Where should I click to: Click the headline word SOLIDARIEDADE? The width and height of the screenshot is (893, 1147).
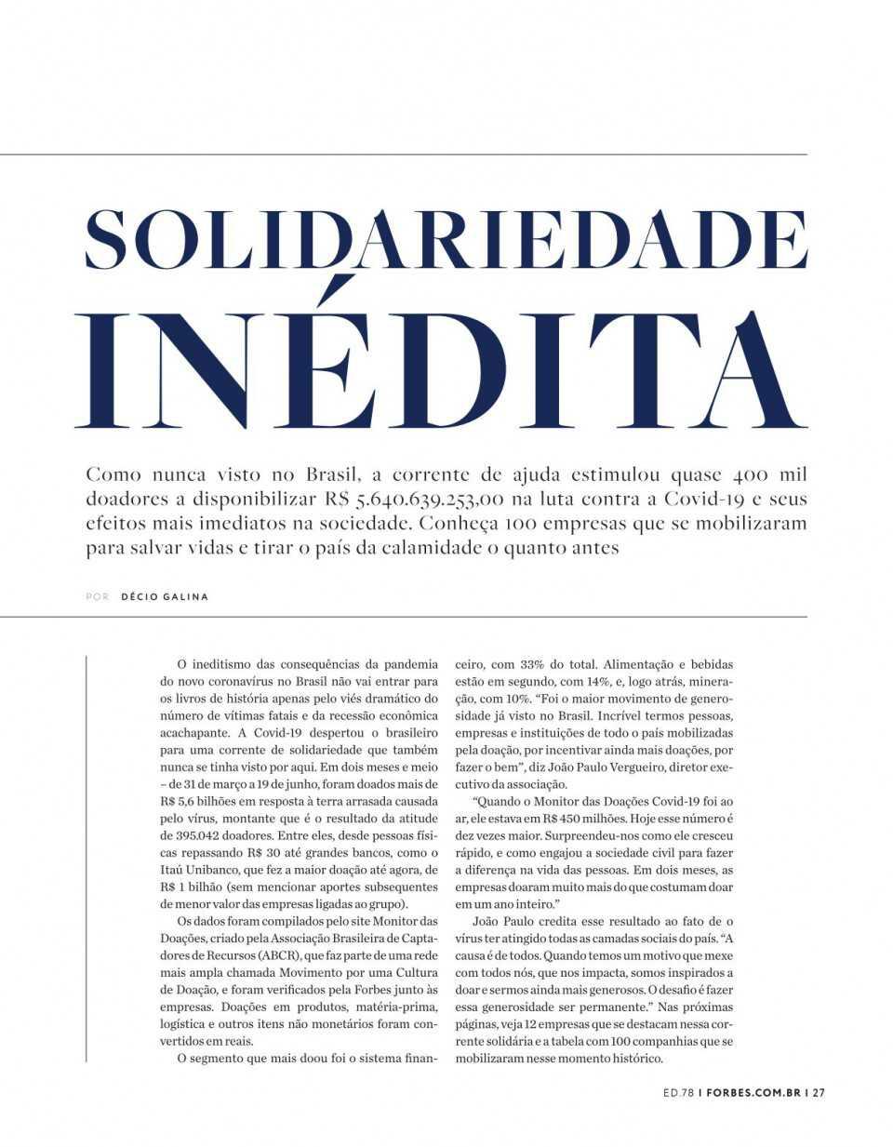(446, 239)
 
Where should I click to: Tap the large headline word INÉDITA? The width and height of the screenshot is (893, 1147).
(446, 369)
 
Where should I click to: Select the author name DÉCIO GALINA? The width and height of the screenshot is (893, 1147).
(165, 596)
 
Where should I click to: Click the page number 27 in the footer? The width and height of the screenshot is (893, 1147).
(819, 1093)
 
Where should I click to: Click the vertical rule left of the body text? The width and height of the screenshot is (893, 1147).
(87, 856)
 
